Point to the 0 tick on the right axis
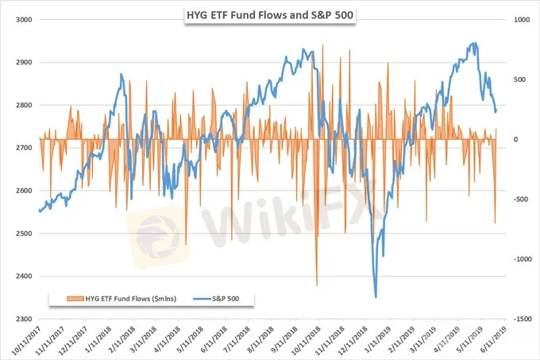pyautogui.click(x=515, y=139)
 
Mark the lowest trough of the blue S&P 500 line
pyautogui.click(x=375, y=296)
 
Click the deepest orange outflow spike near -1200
pyautogui.click(x=316, y=285)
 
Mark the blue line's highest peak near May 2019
pyautogui.click(x=474, y=44)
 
